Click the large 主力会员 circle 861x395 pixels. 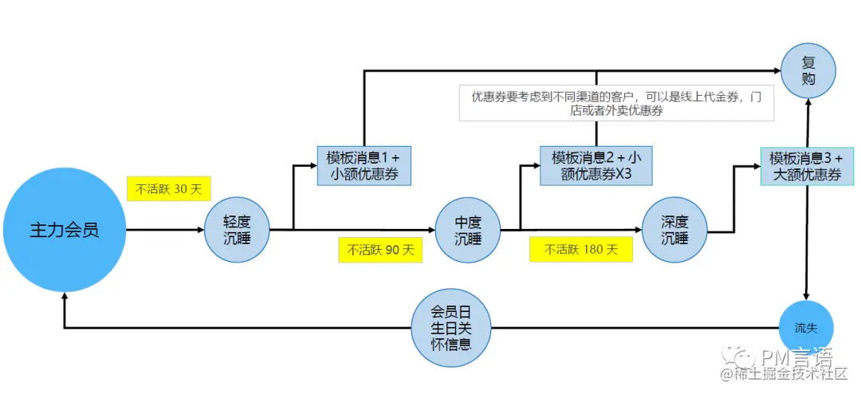pos(65,230)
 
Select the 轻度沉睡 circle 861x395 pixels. pos(237,230)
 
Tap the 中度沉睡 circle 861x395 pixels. pos(468,230)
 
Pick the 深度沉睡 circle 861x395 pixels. pos(674,230)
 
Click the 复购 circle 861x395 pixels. pos(808,70)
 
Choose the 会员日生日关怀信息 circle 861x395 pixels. pos(451,327)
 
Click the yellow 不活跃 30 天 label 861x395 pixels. pos(168,188)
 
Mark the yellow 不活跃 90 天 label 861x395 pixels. pos(380,250)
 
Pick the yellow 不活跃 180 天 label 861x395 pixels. pos(580,249)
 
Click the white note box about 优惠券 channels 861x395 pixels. pos(616,104)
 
